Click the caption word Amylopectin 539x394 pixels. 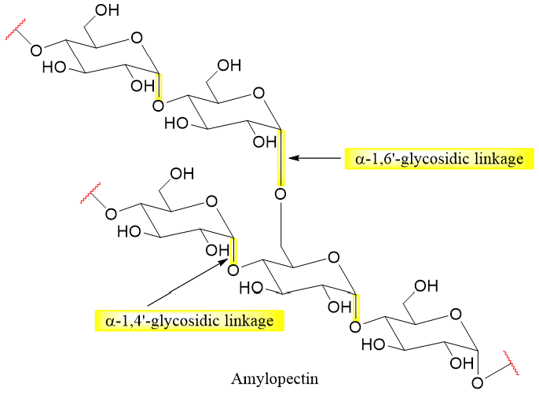point(269,377)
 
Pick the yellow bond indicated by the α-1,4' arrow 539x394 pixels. point(233,250)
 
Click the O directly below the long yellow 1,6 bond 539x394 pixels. point(280,193)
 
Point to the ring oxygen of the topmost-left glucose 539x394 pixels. point(137,35)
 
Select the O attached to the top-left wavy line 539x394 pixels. point(36,50)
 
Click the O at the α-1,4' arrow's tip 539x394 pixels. point(233,270)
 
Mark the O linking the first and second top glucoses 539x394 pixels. point(159,104)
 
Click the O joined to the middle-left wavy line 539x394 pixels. point(111,213)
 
